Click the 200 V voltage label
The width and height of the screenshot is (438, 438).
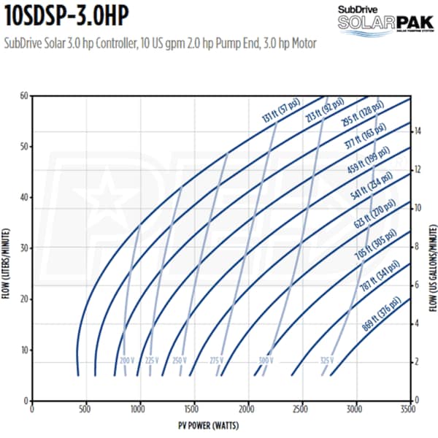point(127,361)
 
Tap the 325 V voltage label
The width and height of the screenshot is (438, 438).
point(326,361)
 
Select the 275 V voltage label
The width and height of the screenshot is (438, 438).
point(216,361)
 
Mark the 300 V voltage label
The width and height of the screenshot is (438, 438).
point(266,361)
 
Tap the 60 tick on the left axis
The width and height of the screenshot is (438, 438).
point(23,96)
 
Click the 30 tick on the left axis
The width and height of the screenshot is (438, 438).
point(23,248)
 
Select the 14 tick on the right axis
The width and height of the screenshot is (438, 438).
point(417,131)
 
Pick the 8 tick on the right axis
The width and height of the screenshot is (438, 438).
point(417,247)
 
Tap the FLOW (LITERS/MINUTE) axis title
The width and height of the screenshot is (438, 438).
point(8,248)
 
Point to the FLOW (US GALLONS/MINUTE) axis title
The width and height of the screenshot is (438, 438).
point(431,248)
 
